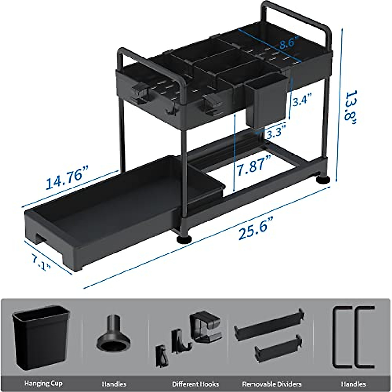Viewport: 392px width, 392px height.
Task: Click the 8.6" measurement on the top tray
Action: (288, 43)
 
